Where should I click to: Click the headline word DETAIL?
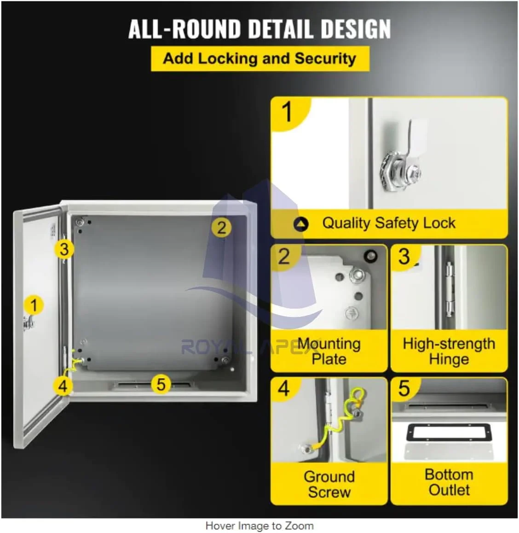pyautogui.click(x=282, y=29)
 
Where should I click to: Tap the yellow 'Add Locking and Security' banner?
pyautogui.click(x=260, y=59)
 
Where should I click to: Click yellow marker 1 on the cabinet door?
pyautogui.click(x=34, y=305)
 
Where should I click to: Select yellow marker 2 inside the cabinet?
pyautogui.click(x=221, y=228)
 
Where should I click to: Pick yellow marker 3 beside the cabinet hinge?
pyautogui.click(x=64, y=249)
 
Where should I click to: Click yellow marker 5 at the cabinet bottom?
pyautogui.click(x=161, y=385)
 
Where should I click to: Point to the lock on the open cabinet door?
pyautogui.click(x=29, y=322)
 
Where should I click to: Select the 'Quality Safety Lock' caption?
pyautogui.click(x=389, y=223)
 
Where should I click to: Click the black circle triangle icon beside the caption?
pyautogui.click(x=301, y=224)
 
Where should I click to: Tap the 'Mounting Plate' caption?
pyautogui.click(x=329, y=351)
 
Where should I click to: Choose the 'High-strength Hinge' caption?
pyautogui.click(x=449, y=351)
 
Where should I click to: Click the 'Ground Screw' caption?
pyautogui.click(x=329, y=484)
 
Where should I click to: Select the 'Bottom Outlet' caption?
pyautogui.click(x=449, y=482)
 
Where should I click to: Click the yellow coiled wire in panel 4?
pyautogui.click(x=343, y=422)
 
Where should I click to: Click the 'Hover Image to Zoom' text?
pyautogui.click(x=259, y=526)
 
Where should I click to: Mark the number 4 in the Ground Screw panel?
pyautogui.click(x=284, y=388)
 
